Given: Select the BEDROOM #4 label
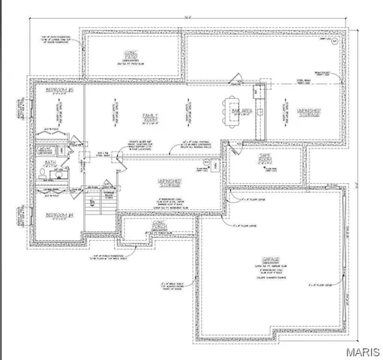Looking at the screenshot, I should coord(56,214).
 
